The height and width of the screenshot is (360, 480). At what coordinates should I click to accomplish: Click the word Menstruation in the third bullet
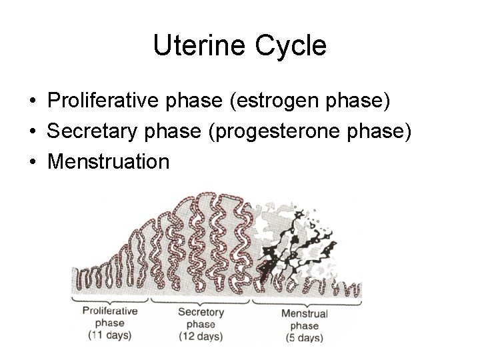click(108, 161)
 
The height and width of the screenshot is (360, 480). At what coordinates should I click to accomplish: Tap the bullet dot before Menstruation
click(32, 161)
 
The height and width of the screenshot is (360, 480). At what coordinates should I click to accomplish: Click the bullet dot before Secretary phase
click(32, 132)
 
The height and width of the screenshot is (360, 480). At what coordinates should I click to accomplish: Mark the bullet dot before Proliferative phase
click(32, 103)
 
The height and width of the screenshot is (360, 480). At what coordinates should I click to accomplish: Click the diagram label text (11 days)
click(110, 334)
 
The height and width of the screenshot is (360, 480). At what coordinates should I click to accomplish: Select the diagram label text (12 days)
click(201, 337)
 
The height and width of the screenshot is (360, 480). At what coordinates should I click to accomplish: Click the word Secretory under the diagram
click(201, 313)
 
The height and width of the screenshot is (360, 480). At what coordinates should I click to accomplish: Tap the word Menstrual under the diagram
click(304, 313)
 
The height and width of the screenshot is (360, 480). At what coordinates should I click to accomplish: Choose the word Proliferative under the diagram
click(110, 311)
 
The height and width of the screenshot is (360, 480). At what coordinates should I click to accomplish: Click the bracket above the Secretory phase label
click(201, 300)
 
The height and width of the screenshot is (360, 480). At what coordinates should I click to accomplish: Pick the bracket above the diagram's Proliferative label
click(111, 300)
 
